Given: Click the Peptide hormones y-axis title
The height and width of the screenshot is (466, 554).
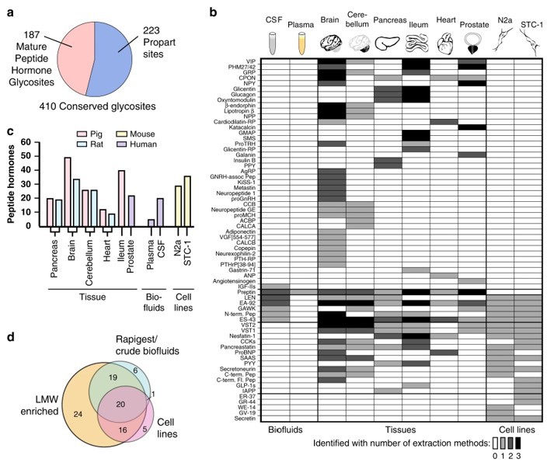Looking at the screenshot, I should (10, 183).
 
